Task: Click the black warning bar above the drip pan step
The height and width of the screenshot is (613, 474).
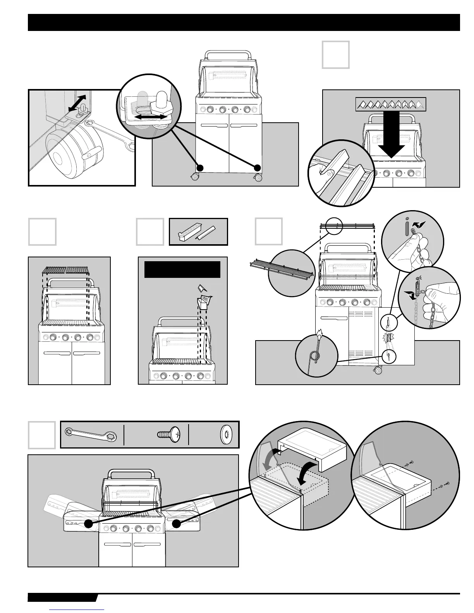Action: click(182, 269)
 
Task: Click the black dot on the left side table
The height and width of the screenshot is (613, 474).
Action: click(88, 524)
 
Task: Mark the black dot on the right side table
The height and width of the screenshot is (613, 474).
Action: click(176, 524)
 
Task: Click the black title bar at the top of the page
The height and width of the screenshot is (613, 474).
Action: click(244, 22)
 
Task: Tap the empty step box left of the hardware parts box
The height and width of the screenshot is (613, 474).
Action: click(41, 435)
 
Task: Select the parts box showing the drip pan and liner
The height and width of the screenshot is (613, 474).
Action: click(198, 232)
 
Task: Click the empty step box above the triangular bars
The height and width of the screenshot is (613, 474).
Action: click(335, 55)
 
